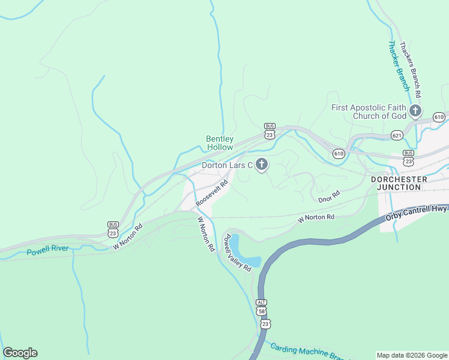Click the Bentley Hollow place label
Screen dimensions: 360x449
(x=220, y=142)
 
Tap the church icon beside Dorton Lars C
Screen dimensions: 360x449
(x=262, y=164)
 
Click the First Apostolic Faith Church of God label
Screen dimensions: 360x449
(x=369, y=112)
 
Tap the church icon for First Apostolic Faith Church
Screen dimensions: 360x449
(x=415, y=110)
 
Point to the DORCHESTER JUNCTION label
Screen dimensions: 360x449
(x=399, y=183)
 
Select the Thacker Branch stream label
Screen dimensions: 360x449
(x=399, y=66)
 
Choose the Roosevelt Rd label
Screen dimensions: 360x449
(x=212, y=194)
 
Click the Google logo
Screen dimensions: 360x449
(x=20, y=353)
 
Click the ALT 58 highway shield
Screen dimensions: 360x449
(x=261, y=308)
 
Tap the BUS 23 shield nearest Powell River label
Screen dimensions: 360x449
(x=113, y=229)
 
